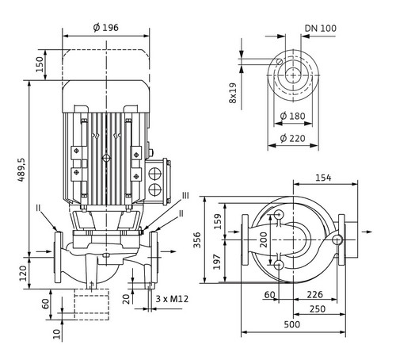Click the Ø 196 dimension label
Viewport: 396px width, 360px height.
(x=106, y=28)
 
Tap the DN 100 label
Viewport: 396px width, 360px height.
(x=321, y=29)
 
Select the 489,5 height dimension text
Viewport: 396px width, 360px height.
(x=21, y=170)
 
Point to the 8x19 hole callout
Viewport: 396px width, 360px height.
(x=233, y=93)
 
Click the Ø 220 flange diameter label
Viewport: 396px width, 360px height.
(x=292, y=138)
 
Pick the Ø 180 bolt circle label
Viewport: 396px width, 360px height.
(x=292, y=116)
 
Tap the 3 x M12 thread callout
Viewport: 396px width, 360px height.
(x=172, y=299)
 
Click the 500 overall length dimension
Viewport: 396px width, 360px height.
(x=292, y=324)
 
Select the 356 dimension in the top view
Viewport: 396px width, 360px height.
(x=197, y=239)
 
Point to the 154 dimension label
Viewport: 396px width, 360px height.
(x=323, y=178)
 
